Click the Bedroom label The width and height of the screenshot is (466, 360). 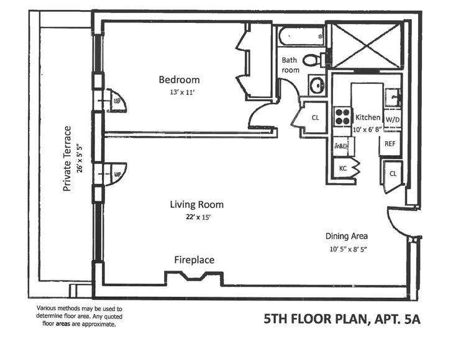pos(179,79)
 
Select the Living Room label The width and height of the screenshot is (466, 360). pos(197,204)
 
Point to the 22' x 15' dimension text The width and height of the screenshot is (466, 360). pos(197,217)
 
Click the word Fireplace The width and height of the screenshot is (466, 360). pos(194,259)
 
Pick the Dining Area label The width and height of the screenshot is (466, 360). pos(347,236)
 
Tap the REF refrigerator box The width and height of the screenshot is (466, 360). pos(390,143)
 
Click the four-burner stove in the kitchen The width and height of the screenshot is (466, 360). pos(342,117)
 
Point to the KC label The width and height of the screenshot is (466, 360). pos(342,168)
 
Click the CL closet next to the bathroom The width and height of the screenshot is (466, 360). pos(315,117)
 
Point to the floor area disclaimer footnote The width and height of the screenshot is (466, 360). pos(80,316)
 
